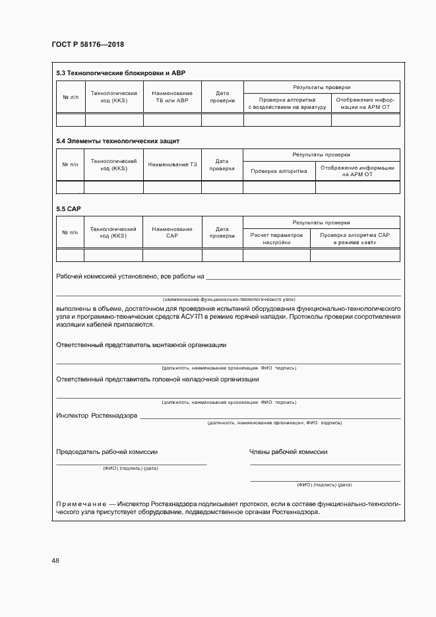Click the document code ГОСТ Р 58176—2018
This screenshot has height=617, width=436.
point(88,45)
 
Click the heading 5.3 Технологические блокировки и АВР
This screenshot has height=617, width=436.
point(125,73)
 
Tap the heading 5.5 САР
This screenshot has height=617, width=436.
point(69,209)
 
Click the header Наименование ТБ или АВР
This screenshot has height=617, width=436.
point(172,97)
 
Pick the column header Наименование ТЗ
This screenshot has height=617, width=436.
point(172,164)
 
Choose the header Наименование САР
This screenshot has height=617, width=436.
point(172,232)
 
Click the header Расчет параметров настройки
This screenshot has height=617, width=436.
point(276,238)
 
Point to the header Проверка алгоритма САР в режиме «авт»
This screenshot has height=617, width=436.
point(355,238)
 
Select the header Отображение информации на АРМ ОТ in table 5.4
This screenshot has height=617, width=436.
point(358,171)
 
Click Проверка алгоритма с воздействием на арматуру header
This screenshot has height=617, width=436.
point(287,103)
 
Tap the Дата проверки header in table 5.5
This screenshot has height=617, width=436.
point(222,232)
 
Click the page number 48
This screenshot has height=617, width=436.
point(55,560)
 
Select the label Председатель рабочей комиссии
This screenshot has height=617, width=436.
point(107,452)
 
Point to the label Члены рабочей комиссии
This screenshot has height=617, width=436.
point(288,452)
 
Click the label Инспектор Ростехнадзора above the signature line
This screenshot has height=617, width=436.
point(96,416)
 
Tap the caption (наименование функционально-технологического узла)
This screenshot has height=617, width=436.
point(228,299)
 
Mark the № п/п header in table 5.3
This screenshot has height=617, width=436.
point(70,97)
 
